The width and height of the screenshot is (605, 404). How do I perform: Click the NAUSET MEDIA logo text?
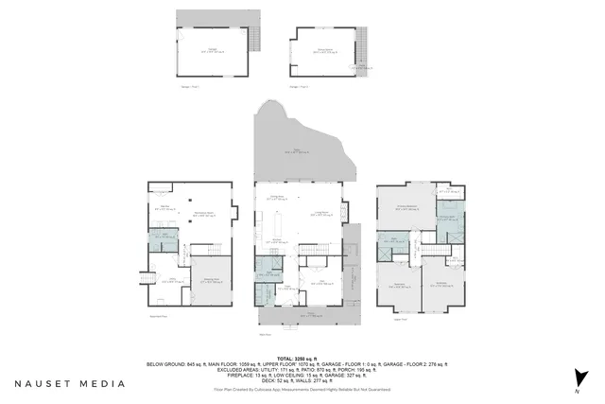(x=69, y=384)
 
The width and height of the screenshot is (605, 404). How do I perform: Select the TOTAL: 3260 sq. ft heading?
(x=302, y=357)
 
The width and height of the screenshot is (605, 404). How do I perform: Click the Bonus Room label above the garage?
(x=324, y=50)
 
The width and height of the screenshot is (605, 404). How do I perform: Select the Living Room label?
(x=321, y=214)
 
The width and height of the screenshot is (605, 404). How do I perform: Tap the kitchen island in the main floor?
(x=281, y=227)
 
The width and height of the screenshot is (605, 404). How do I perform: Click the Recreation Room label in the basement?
(x=201, y=214)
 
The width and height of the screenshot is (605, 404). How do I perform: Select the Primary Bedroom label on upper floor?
(x=407, y=207)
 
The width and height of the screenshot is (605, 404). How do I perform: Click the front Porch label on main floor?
(x=302, y=317)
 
